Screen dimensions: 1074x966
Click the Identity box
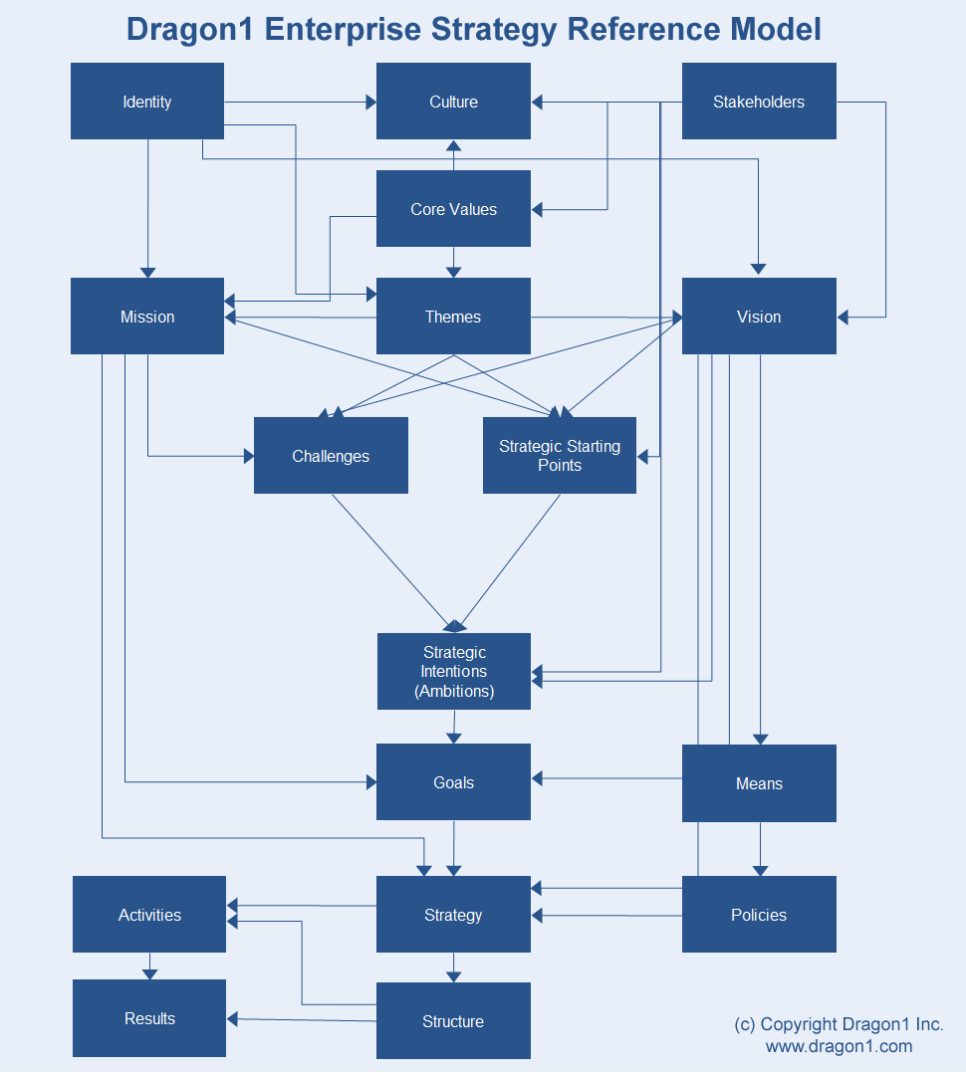tap(147, 102)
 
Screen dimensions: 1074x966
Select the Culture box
tap(453, 102)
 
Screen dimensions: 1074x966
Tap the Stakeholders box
tap(759, 102)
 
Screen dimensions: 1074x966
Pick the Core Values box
tap(453, 209)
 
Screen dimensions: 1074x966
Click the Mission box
tap(147, 317)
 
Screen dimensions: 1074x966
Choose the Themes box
tap(453, 317)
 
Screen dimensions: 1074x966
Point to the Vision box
tap(759, 317)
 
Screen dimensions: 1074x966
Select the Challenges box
tap(331, 456)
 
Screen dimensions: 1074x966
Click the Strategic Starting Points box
tap(560, 456)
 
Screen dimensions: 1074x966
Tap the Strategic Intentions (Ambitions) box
tap(453, 672)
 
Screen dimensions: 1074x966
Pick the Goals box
tap(453, 782)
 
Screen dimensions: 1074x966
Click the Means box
tap(759, 783)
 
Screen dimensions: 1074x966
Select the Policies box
tap(759, 915)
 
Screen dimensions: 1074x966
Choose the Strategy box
tap(453, 915)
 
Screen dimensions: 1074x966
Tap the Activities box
tap(149, 915)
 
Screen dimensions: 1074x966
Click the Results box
tap(149, 1018)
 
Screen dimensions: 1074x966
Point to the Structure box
tap(453, 1021)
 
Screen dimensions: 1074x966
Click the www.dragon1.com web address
tap(839, 1046)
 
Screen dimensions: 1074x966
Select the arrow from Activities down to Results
tap(149, 967)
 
